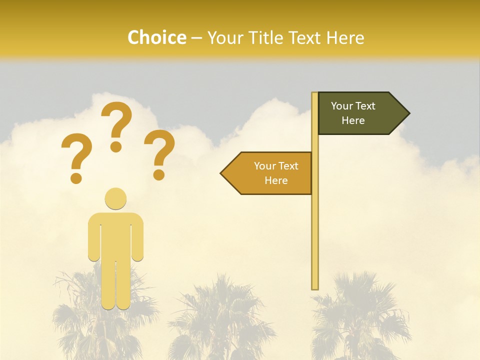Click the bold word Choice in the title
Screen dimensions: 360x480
pos(156,38)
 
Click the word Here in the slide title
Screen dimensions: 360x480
pos(344,38)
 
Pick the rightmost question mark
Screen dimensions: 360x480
pos(160,152)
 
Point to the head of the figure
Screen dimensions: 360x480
pos(115,198)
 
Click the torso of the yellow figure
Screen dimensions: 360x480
pos(115,235)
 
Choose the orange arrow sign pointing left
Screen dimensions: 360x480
pos(270,173)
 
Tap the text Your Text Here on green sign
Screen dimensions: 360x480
pos(353,113)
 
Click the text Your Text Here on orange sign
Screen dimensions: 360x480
pos(276,173)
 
